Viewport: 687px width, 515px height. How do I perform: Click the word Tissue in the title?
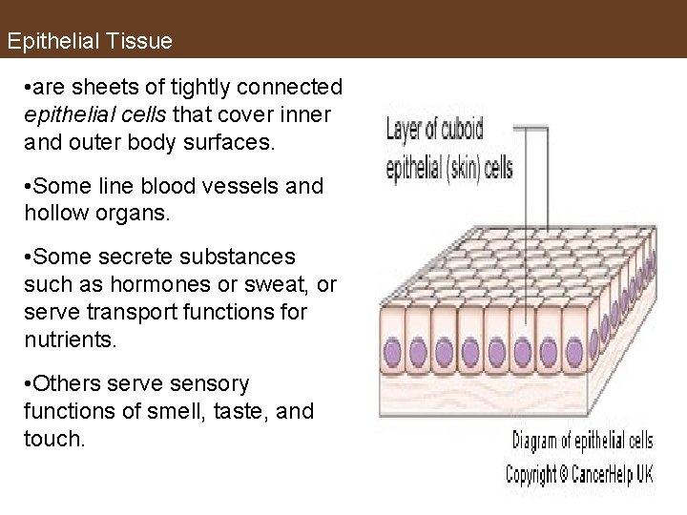(139, 42)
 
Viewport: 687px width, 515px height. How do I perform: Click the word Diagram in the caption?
(539, 441)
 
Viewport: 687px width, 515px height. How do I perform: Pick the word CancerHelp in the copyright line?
(604, 474)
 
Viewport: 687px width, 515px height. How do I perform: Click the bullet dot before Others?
(31, 384)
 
